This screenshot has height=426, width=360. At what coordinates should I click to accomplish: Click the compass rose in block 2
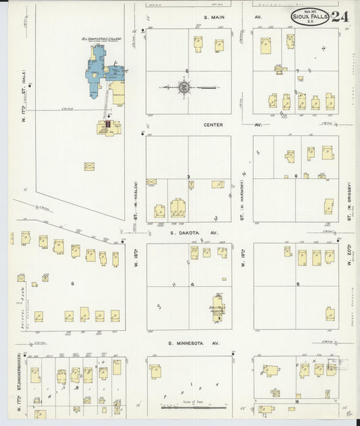(184, 86)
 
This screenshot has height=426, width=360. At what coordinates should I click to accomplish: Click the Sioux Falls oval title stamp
(310, 18)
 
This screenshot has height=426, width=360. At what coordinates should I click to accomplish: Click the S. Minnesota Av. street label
(194, 344)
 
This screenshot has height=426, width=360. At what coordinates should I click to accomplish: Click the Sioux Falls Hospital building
(219, 304)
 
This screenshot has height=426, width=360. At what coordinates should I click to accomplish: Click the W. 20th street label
(350, 257)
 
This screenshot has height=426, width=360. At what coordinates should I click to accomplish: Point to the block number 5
(297, 284)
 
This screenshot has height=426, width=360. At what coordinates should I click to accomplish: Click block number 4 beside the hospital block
(192, 284)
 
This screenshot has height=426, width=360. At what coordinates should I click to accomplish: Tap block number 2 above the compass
(187, 70)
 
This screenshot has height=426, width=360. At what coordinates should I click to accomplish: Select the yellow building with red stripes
(106, 125)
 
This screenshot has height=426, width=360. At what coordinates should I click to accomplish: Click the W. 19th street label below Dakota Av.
(241, 259)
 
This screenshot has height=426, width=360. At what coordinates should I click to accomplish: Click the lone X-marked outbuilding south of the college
(89, 166)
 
